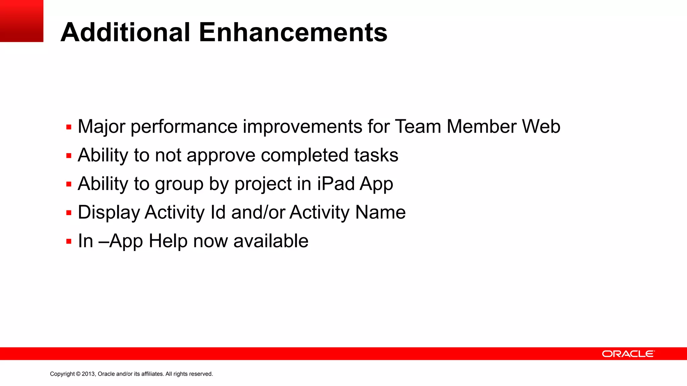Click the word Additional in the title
coord(125,33)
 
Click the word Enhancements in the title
coord(293,33)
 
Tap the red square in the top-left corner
coord(21,21)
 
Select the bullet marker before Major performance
coord(69,127)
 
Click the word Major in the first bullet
coord(101,127)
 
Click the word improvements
coord(302,127)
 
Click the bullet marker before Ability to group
coord(69,184)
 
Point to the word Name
coord(380,212)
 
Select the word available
coord(271,241)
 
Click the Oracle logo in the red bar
coord(628,354)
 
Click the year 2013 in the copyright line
coord(89,374)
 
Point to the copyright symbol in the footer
coord(78,374)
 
